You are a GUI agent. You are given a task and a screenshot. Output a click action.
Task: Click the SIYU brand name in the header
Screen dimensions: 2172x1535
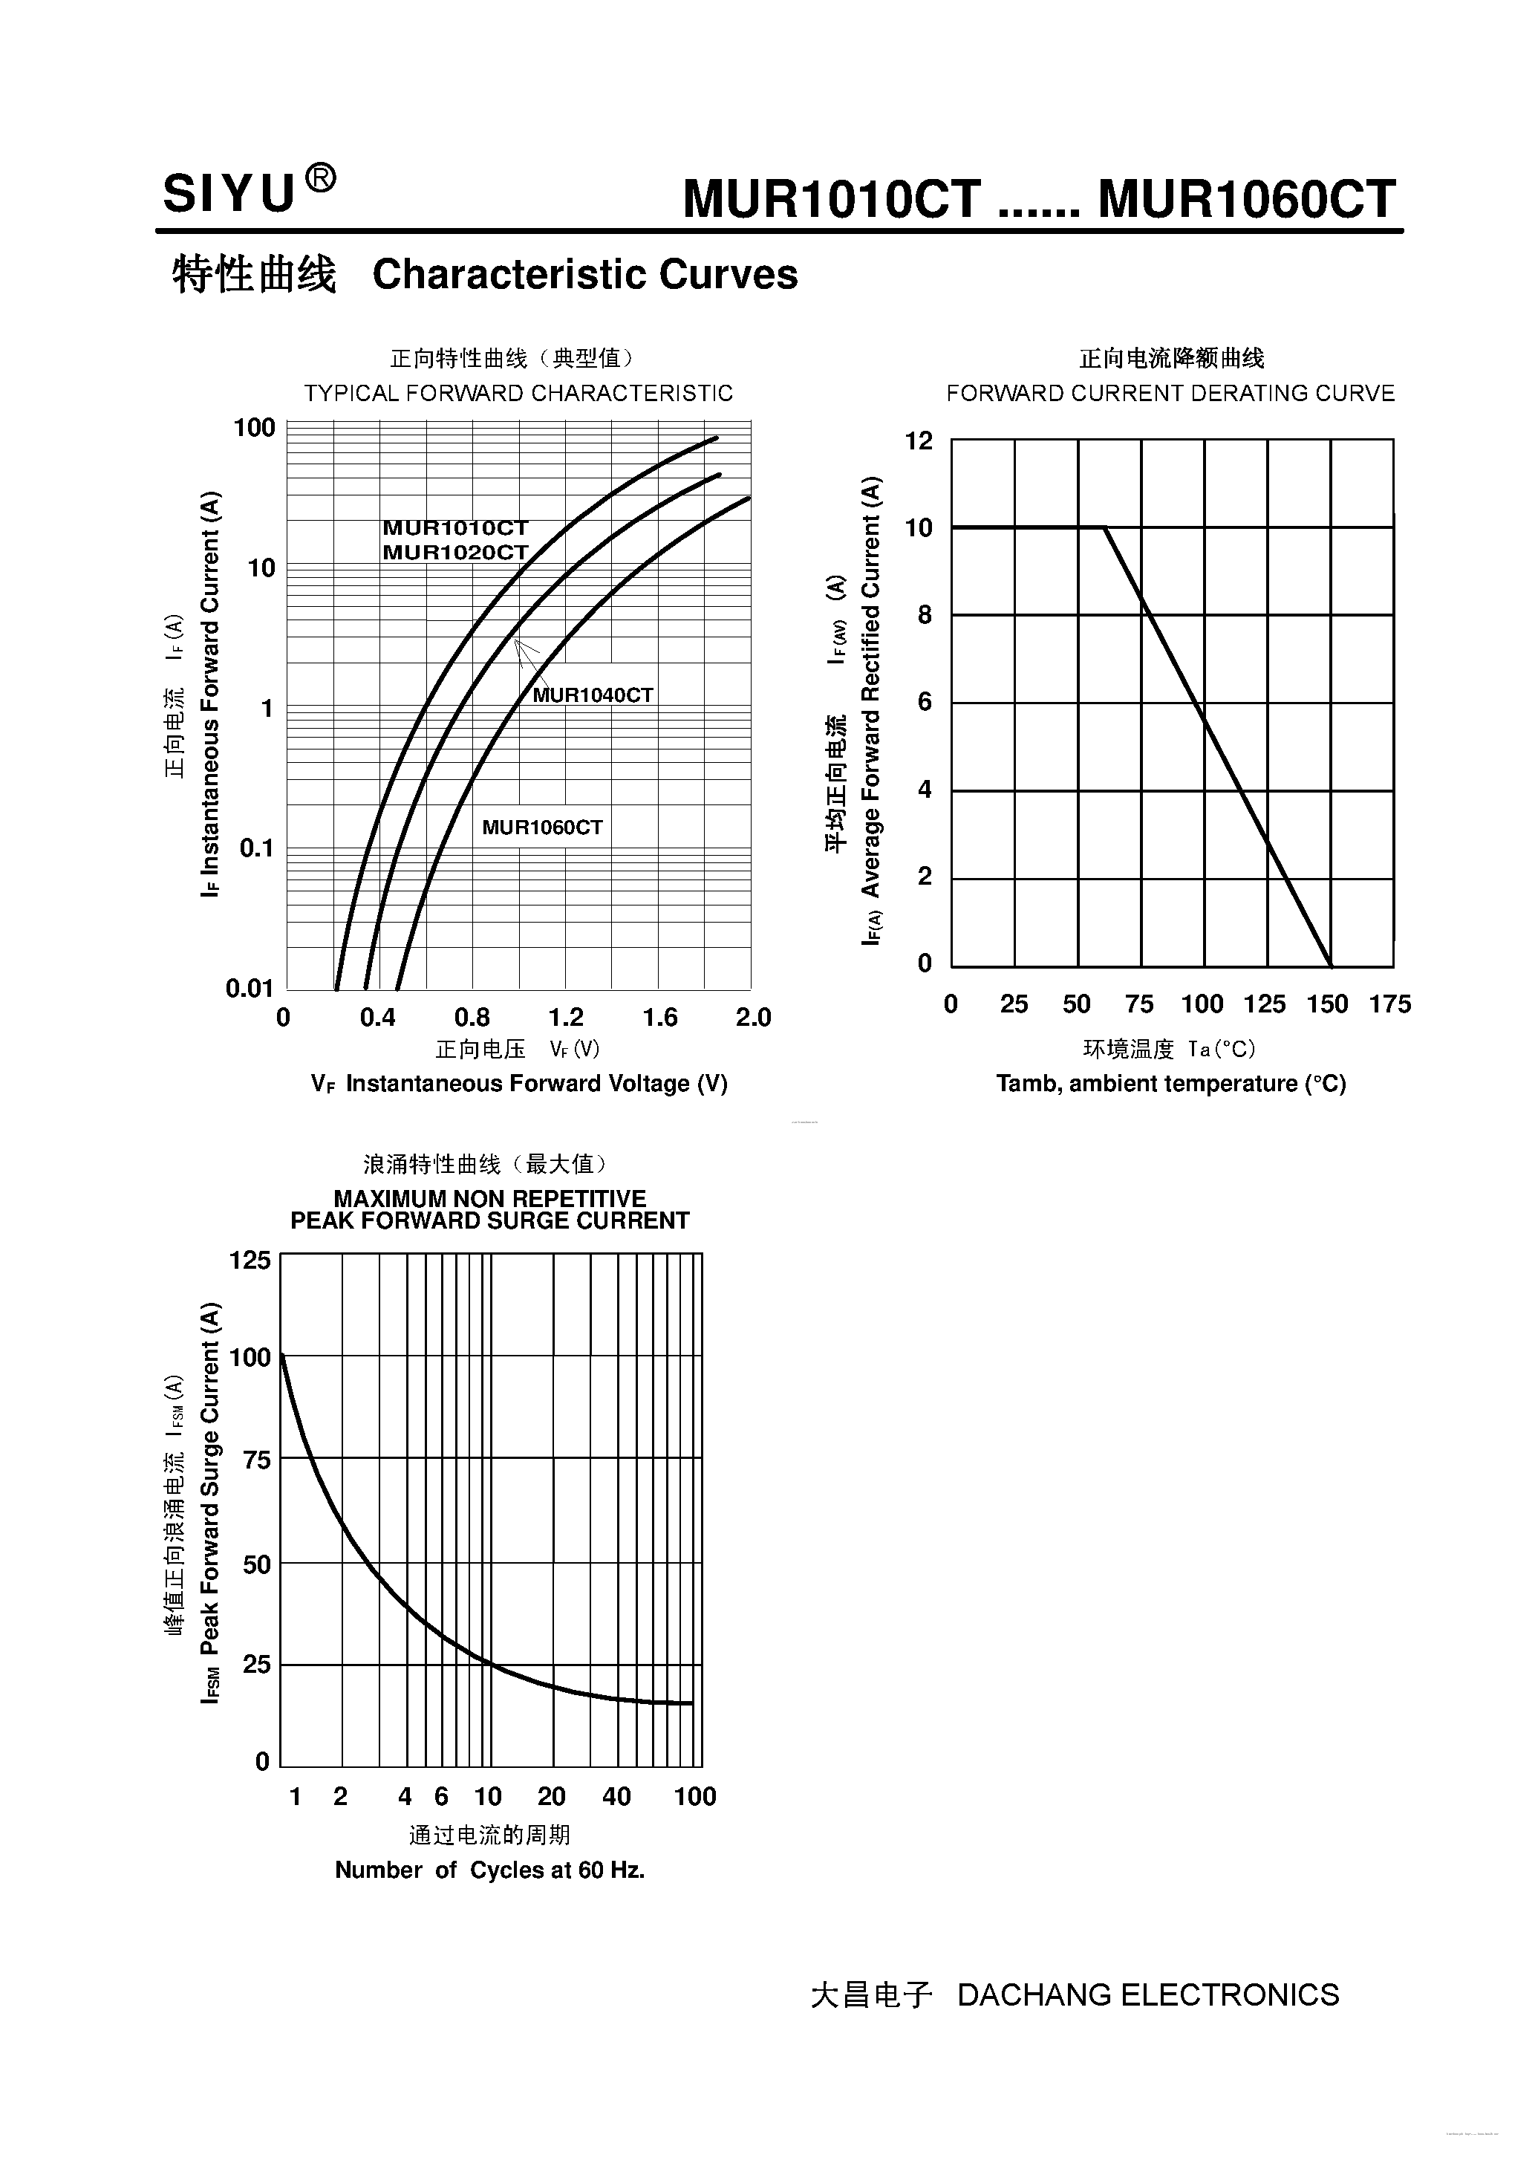[x=229, y=195]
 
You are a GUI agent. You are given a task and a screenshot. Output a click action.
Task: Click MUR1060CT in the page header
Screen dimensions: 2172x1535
[x=1247, y=200]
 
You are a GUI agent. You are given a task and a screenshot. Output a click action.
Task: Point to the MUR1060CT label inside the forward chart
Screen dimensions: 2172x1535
[x=542, y=827]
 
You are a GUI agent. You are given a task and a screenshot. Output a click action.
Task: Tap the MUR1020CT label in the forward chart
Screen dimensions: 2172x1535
[x=455, y=553]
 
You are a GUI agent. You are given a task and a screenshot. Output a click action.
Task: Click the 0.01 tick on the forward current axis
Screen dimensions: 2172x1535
[x=250, y=989]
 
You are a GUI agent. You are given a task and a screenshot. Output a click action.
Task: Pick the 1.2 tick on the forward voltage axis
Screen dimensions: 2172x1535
[x=566, y=1018]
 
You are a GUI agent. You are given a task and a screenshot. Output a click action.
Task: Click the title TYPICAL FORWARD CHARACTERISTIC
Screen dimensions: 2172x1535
[x=518, y=394]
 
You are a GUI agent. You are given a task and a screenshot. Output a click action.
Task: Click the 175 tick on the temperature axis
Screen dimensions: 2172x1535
[x=1389, y=1004]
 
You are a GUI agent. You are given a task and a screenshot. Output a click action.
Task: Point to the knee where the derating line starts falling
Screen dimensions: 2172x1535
[x=1105, y=528]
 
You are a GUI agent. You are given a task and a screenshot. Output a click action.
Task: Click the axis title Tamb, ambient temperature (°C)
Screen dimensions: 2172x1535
[x=1171, y=1084]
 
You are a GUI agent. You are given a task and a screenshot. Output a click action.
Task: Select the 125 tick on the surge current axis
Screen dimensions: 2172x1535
[x=250, y=1261]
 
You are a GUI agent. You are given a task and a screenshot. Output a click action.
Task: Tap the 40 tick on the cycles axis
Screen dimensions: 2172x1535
[x=616, y=1796]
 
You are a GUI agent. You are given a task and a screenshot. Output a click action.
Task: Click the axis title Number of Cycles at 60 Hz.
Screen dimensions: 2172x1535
[x=490, y=1870]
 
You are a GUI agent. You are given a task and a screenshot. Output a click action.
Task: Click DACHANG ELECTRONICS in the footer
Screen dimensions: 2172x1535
[x=1148, y=1995]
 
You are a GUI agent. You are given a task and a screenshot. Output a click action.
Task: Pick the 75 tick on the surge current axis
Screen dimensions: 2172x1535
[x=256, y=1460]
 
